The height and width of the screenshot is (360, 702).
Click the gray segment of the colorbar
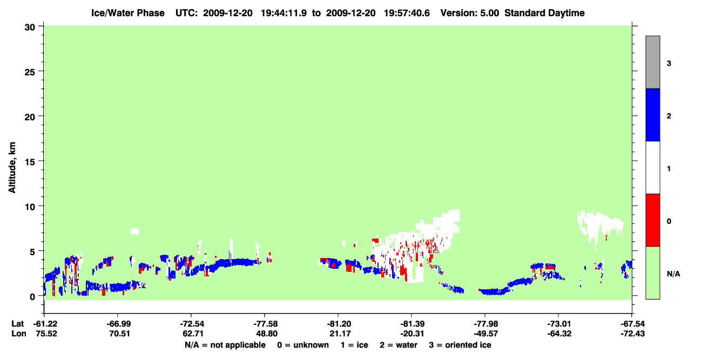(652, 62)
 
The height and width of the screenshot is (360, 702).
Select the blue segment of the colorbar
(652, 114)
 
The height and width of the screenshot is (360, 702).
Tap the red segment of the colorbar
(652, 220)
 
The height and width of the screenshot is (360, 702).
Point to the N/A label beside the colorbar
(673, 274)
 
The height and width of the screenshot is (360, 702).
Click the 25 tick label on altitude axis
(30, 72)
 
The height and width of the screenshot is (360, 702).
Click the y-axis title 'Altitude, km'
(12, 168)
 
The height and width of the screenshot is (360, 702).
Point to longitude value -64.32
(559, 334)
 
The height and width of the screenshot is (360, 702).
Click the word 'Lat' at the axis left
(17, 324)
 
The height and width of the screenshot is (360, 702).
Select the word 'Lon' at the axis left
(19, 334)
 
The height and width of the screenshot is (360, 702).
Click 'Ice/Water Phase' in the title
(128, 13)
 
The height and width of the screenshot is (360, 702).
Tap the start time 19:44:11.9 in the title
(283, 13)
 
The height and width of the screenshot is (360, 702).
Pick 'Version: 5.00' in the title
(470, 13)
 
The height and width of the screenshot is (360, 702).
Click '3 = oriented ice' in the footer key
(460, 345)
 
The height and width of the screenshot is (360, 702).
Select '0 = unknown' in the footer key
(303, 345)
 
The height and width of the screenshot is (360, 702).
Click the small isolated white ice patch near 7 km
(135, 232)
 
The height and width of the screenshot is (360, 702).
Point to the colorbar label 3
(669, 63)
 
